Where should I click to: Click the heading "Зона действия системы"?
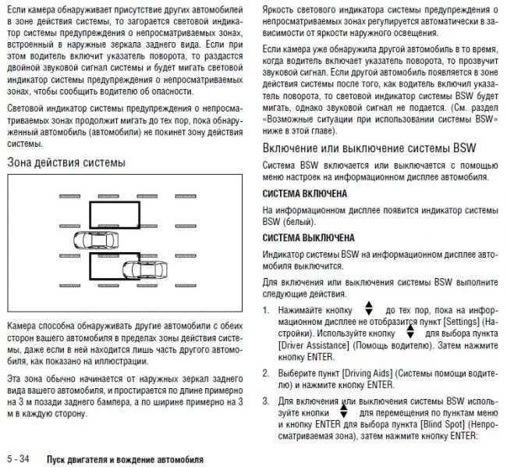66,163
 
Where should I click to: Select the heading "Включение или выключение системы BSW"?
369,148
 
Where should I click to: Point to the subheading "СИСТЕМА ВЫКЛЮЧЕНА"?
309,237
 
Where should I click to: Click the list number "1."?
267,310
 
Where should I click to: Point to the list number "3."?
267,401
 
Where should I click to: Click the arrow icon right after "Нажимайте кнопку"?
369,309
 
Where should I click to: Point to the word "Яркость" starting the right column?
280,9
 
